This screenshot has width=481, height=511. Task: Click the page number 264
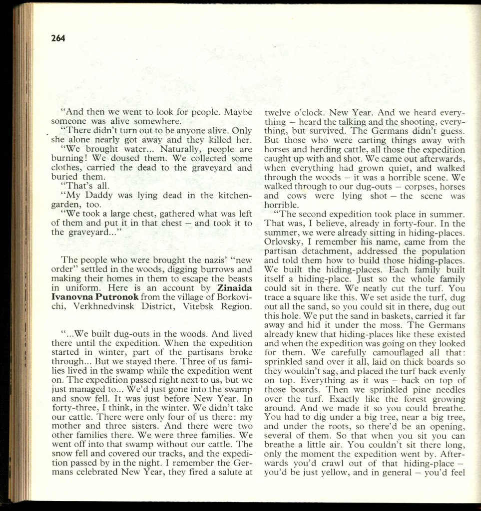58,38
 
